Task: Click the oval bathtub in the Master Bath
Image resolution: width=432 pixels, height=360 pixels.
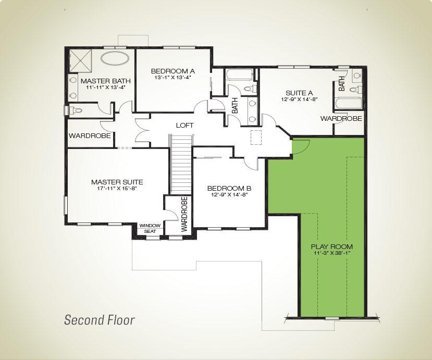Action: pos(115,58)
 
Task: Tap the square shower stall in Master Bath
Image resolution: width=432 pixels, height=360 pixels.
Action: pos(80,60)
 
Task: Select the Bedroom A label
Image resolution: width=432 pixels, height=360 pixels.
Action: pos(172,71)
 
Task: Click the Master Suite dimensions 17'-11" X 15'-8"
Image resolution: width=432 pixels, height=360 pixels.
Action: pos(117,189)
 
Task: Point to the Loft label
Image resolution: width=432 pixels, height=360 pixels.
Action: pos(184,126)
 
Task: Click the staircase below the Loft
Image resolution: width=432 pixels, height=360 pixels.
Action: pos(181,165)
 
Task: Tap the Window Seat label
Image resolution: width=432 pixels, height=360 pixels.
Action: pos(150,228)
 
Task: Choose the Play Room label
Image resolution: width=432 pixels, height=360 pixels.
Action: pos(332,246)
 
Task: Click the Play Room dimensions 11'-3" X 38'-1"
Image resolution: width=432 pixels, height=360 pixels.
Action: pos(332,253)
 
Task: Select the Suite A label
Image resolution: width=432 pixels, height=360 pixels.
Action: pos(299,93)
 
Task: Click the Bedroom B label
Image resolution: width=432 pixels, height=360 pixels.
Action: pos(229,189)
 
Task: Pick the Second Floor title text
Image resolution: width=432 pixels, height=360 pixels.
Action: pos(100,320)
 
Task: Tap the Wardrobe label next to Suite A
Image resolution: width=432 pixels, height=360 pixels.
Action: pos(341,118)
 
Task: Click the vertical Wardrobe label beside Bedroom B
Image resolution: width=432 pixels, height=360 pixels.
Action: pos(184,214)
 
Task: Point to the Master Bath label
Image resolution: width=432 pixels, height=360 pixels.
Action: pos(105,81)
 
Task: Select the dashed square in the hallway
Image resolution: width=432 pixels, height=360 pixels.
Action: pos(256,137)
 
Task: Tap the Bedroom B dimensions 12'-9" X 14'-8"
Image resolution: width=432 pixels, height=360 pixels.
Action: pos(229,195)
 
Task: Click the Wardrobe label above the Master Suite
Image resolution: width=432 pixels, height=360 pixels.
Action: pos(90,135)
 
